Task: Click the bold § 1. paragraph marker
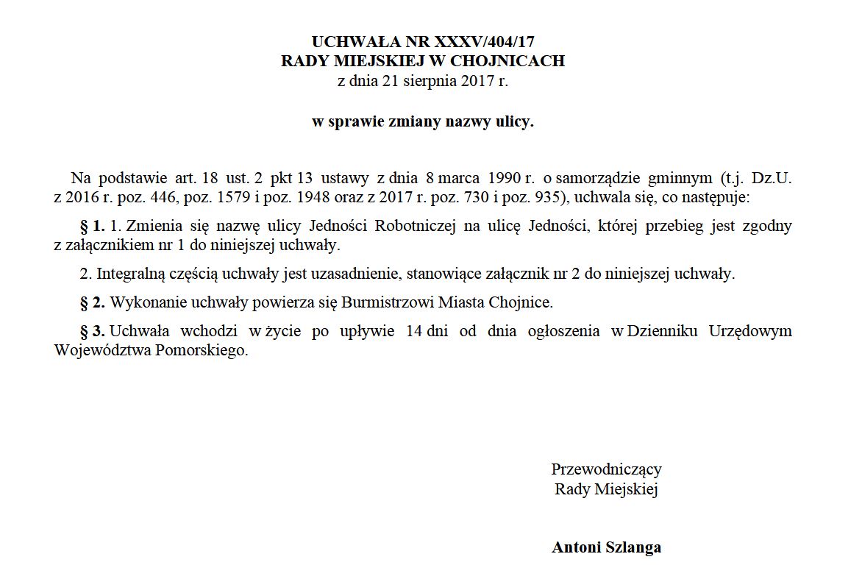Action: [93, 226]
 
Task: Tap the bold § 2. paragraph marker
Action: [93, 302]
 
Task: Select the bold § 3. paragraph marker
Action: [93, 331]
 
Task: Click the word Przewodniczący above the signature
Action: [606, 469]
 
